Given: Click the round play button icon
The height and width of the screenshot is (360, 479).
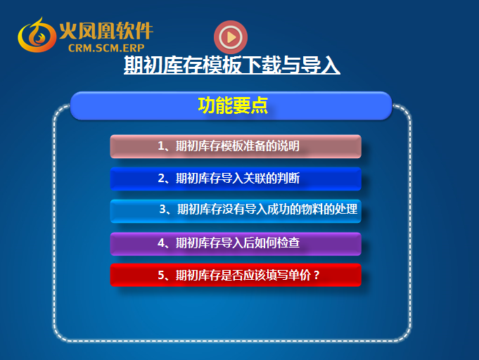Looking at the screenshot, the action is [231, 37].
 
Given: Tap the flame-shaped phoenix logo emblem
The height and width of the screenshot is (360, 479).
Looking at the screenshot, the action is [37, 36].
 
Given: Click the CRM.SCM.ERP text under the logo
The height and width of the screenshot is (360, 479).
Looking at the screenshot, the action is [106, 48].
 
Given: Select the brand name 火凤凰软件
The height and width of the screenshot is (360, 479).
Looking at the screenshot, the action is [106, 31].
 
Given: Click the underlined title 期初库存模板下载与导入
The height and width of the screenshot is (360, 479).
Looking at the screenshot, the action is [232, 65].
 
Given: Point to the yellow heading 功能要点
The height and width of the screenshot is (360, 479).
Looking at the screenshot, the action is [233, 105].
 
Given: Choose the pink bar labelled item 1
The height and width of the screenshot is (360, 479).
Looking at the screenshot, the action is [236, 146].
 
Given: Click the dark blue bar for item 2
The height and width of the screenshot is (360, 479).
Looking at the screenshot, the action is [236, 179].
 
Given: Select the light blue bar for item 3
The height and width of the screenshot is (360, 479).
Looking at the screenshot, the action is [236, 211].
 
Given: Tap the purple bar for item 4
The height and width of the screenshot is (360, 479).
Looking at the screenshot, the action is [236, 244].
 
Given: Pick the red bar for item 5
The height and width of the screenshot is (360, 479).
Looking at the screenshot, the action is [236, 275].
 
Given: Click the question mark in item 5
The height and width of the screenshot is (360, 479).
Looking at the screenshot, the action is [317, 276].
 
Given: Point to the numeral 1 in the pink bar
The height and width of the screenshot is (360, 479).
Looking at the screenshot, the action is [160, 146].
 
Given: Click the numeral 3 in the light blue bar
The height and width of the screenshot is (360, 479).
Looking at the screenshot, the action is [162, 209].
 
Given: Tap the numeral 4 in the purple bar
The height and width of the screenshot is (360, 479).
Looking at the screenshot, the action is [161, 243].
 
